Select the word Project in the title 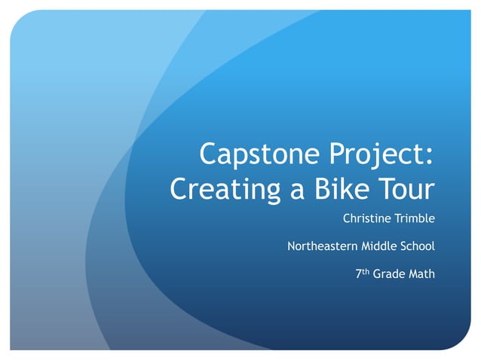tap(372, 156)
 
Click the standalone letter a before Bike tap(299, 191)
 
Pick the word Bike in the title tap(341, 188)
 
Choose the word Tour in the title tap(406, 188)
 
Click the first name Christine tap(368, 219)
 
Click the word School tap(418, 246)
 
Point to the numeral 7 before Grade tap(358, 274)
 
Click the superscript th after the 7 tap(365, 271)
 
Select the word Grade tap(389, 274)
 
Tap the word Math tap(422, 274)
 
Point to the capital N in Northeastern tap(292, 246)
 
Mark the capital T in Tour tap(384, 188)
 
